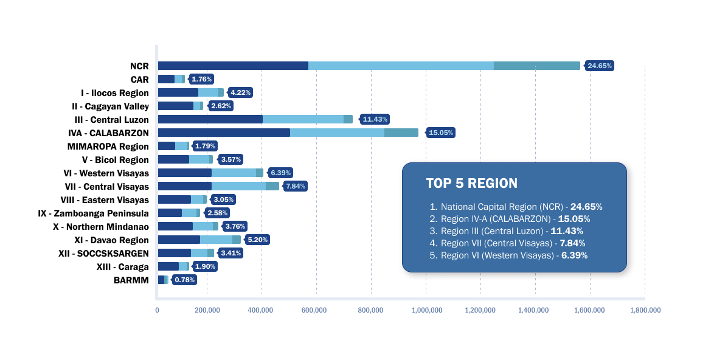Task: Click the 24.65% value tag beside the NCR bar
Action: [599, 66]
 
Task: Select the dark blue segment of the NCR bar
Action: [233, 66]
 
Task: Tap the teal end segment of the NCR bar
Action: [537, 66]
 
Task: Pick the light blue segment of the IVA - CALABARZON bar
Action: [337, 133]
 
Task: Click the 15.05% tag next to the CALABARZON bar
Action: [441, 133]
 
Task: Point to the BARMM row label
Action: [131, 280]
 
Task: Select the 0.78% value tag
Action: [184, 280]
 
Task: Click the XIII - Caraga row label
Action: [122, 267]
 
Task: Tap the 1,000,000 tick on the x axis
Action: [426, 310]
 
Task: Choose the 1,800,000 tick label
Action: [645, 310]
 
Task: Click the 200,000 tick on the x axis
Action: [207, 310]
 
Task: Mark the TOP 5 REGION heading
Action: [471, 183]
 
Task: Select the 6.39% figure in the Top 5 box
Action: [574, 255]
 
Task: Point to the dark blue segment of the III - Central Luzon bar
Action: [210, 119]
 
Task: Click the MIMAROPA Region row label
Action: [108, 147]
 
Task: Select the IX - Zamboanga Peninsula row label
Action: [93, 213]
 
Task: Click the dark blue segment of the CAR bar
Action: [166, 79]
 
